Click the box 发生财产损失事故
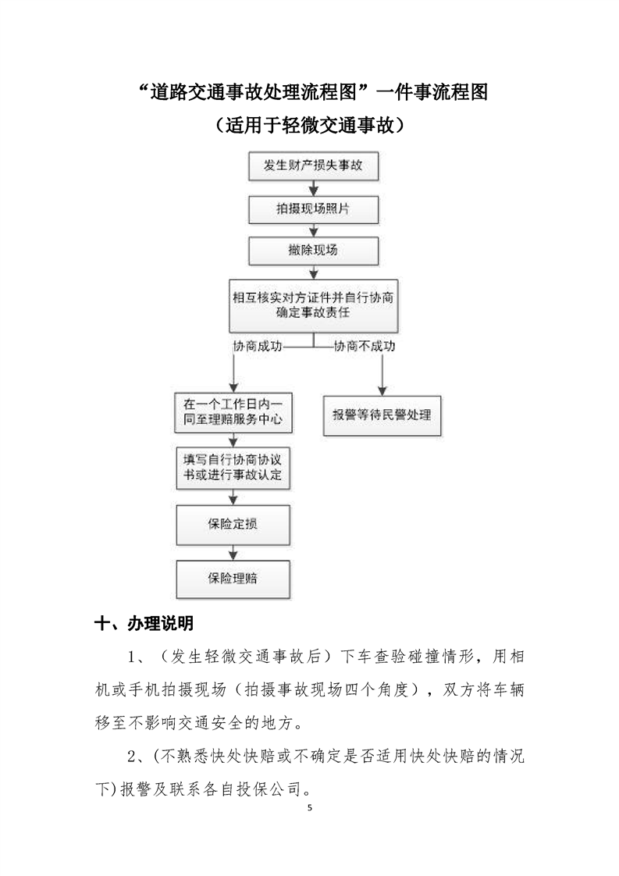coord(314,166)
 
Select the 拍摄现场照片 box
coord(314,209)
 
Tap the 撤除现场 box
coord(314,251)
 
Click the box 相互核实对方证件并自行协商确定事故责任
coord(314,305)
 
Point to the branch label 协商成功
coord(258,347)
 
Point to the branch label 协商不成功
coord(365,347)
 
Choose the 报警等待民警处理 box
coord(382,415)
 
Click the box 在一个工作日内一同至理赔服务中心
coord(233,412)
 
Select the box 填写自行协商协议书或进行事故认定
coord(233,468)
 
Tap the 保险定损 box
coord(233,525)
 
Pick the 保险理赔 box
coord(233,579)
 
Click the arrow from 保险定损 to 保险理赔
coord(233,553)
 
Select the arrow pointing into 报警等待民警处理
coord(382,375)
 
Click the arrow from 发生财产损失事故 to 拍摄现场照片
coord(314,188)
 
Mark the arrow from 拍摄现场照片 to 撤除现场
coord(314,231)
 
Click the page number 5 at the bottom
coord(309,807)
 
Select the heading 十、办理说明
coord(144,623)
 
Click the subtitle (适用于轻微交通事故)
coord(309,125)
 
